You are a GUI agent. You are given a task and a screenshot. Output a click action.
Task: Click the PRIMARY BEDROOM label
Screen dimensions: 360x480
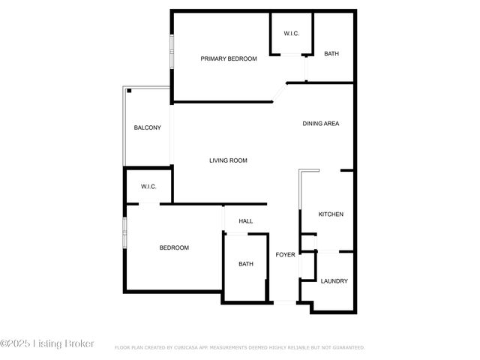click(229, 58)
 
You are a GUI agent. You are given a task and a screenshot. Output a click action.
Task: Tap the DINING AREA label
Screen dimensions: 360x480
click(321, 124)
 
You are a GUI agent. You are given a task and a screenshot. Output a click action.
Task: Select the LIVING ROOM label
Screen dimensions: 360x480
click(228, 160)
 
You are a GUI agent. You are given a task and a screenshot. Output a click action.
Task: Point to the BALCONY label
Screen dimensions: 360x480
click(147, 127)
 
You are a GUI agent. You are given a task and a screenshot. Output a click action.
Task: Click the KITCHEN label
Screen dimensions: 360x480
click(331, 214)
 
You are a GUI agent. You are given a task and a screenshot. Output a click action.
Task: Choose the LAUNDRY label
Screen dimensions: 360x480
click(334, 281)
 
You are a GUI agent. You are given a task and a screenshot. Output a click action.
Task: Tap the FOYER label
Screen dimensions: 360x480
click(285, 255)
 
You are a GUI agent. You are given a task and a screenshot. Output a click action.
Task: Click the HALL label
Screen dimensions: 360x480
click(245, 221)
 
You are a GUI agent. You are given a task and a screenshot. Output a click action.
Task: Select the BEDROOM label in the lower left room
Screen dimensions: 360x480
click(174, 247)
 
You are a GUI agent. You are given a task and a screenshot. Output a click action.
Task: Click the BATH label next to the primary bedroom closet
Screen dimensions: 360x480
click(331, 54)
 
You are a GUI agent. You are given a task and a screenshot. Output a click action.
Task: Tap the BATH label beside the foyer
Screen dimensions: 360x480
click(246, 264)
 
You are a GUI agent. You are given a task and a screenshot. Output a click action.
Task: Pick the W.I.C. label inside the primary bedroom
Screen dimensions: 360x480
click(292, 34)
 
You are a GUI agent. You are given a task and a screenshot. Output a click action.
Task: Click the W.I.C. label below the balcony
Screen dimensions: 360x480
click(148, 187)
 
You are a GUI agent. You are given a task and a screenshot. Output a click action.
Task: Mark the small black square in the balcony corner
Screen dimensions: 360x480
click(129, 91)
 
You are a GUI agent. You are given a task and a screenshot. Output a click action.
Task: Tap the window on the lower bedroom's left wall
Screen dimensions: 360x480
click(125, 232)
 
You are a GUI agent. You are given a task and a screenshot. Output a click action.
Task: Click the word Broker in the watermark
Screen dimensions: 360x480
click(78, 343)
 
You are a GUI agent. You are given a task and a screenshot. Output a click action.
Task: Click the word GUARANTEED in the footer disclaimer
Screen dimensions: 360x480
click(346, 348)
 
